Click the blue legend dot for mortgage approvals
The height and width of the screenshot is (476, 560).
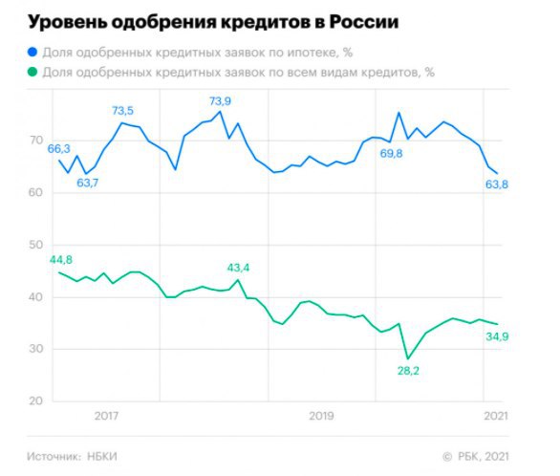pos(32,53)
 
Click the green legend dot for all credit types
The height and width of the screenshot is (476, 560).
pos(32,72)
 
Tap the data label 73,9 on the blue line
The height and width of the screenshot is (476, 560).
pos(220,101)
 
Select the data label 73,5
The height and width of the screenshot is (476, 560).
pos(122,111)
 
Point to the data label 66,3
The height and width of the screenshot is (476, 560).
pos(59,148)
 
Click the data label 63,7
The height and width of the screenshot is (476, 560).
pos(88,183)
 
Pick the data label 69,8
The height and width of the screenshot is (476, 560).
pos(391,154)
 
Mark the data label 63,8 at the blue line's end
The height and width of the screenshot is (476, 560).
pos(497,184)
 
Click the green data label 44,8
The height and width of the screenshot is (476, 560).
pos(61,260)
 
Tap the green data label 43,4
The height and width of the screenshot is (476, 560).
pos(238,268)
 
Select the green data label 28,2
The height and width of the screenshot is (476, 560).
pos(408,371)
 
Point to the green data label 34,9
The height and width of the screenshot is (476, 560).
pos(497,336)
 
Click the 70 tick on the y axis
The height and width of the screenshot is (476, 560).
pos(36,140)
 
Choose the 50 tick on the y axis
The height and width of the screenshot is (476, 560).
pos(36,245)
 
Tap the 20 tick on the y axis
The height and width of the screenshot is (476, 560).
pos(36,400)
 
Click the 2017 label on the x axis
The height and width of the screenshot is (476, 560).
pos(106,416)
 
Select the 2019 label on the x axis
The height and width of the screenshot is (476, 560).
pos(321,416)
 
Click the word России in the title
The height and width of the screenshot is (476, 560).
pos(363,22)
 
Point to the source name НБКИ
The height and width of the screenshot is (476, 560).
pos(102,456)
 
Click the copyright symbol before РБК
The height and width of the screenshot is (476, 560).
pos(447,457)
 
